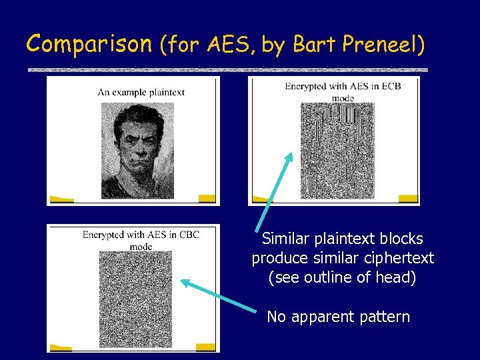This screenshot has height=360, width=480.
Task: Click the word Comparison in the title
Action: coord(90,44)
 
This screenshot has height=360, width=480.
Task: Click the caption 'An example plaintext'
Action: coord(141,92)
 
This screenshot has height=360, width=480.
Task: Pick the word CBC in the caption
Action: coord(189,235)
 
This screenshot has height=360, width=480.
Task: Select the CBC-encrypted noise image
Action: coord(135,297)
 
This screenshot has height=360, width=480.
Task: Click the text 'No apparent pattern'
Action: coord(338,317)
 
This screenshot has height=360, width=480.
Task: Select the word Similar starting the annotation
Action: coord(286,239)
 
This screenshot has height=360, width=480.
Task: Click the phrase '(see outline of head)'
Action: coord(342,277)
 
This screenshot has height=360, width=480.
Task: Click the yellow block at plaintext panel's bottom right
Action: coord(207,198)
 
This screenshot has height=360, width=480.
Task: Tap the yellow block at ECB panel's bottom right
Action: coord(408,198)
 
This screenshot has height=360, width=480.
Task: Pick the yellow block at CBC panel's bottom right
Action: coord(205,347)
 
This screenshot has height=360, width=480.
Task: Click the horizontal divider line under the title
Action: coord(227,70)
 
